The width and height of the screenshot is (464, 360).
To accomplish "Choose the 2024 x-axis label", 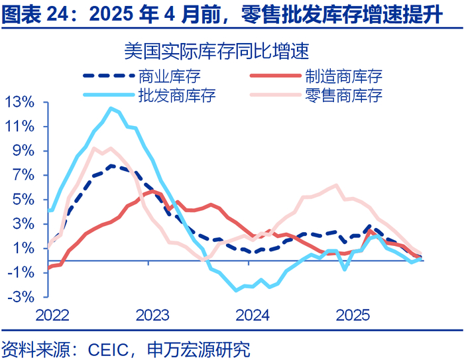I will [252, 314].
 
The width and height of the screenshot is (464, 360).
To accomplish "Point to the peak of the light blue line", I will [111, 108].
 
